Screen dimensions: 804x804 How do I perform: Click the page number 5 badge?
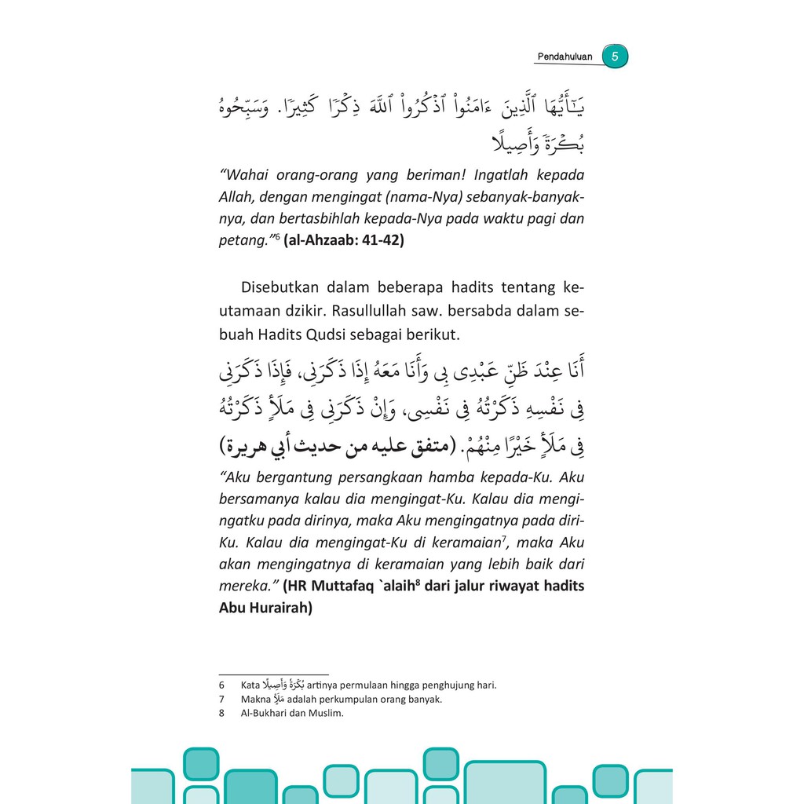pyautogui.click(x=615, y=57)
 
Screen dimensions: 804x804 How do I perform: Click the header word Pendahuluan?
pyautogui.click(x=565, y=57)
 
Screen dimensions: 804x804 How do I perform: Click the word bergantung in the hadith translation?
pyautogui.click(x=290, y=477)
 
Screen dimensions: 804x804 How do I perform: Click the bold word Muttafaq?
pyautogui.click(x=340, y=587)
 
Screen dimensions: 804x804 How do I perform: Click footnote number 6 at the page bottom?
pyautogui.click(x=222, y=685)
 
